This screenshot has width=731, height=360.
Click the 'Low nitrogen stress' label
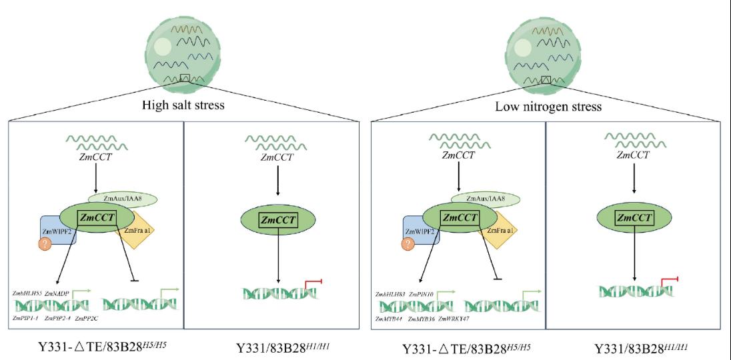[x=546, y=107]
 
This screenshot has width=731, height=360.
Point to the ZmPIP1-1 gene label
[x=25, y=319]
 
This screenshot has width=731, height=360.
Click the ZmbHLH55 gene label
[x=27, y=293]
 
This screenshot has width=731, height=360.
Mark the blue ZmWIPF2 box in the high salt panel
[x=55, y=230]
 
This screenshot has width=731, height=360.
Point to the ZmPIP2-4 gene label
[x=57, y=319]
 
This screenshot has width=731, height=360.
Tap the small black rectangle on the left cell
[x=185, y=78]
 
